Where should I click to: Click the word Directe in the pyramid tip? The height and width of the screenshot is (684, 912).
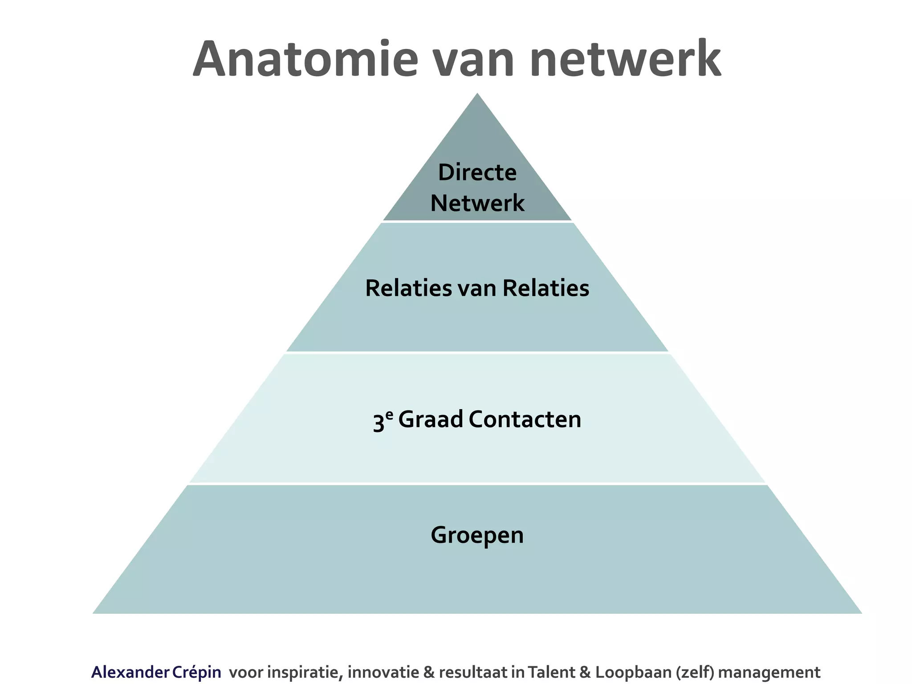(x=477, y=173)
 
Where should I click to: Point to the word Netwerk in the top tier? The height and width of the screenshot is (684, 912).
(x=477, y=203)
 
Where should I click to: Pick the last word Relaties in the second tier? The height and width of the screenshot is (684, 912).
(x=546, y=288)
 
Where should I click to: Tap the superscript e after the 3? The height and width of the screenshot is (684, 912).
(x=389, y=415)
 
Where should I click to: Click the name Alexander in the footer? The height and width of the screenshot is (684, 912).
(x=130, y=672)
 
